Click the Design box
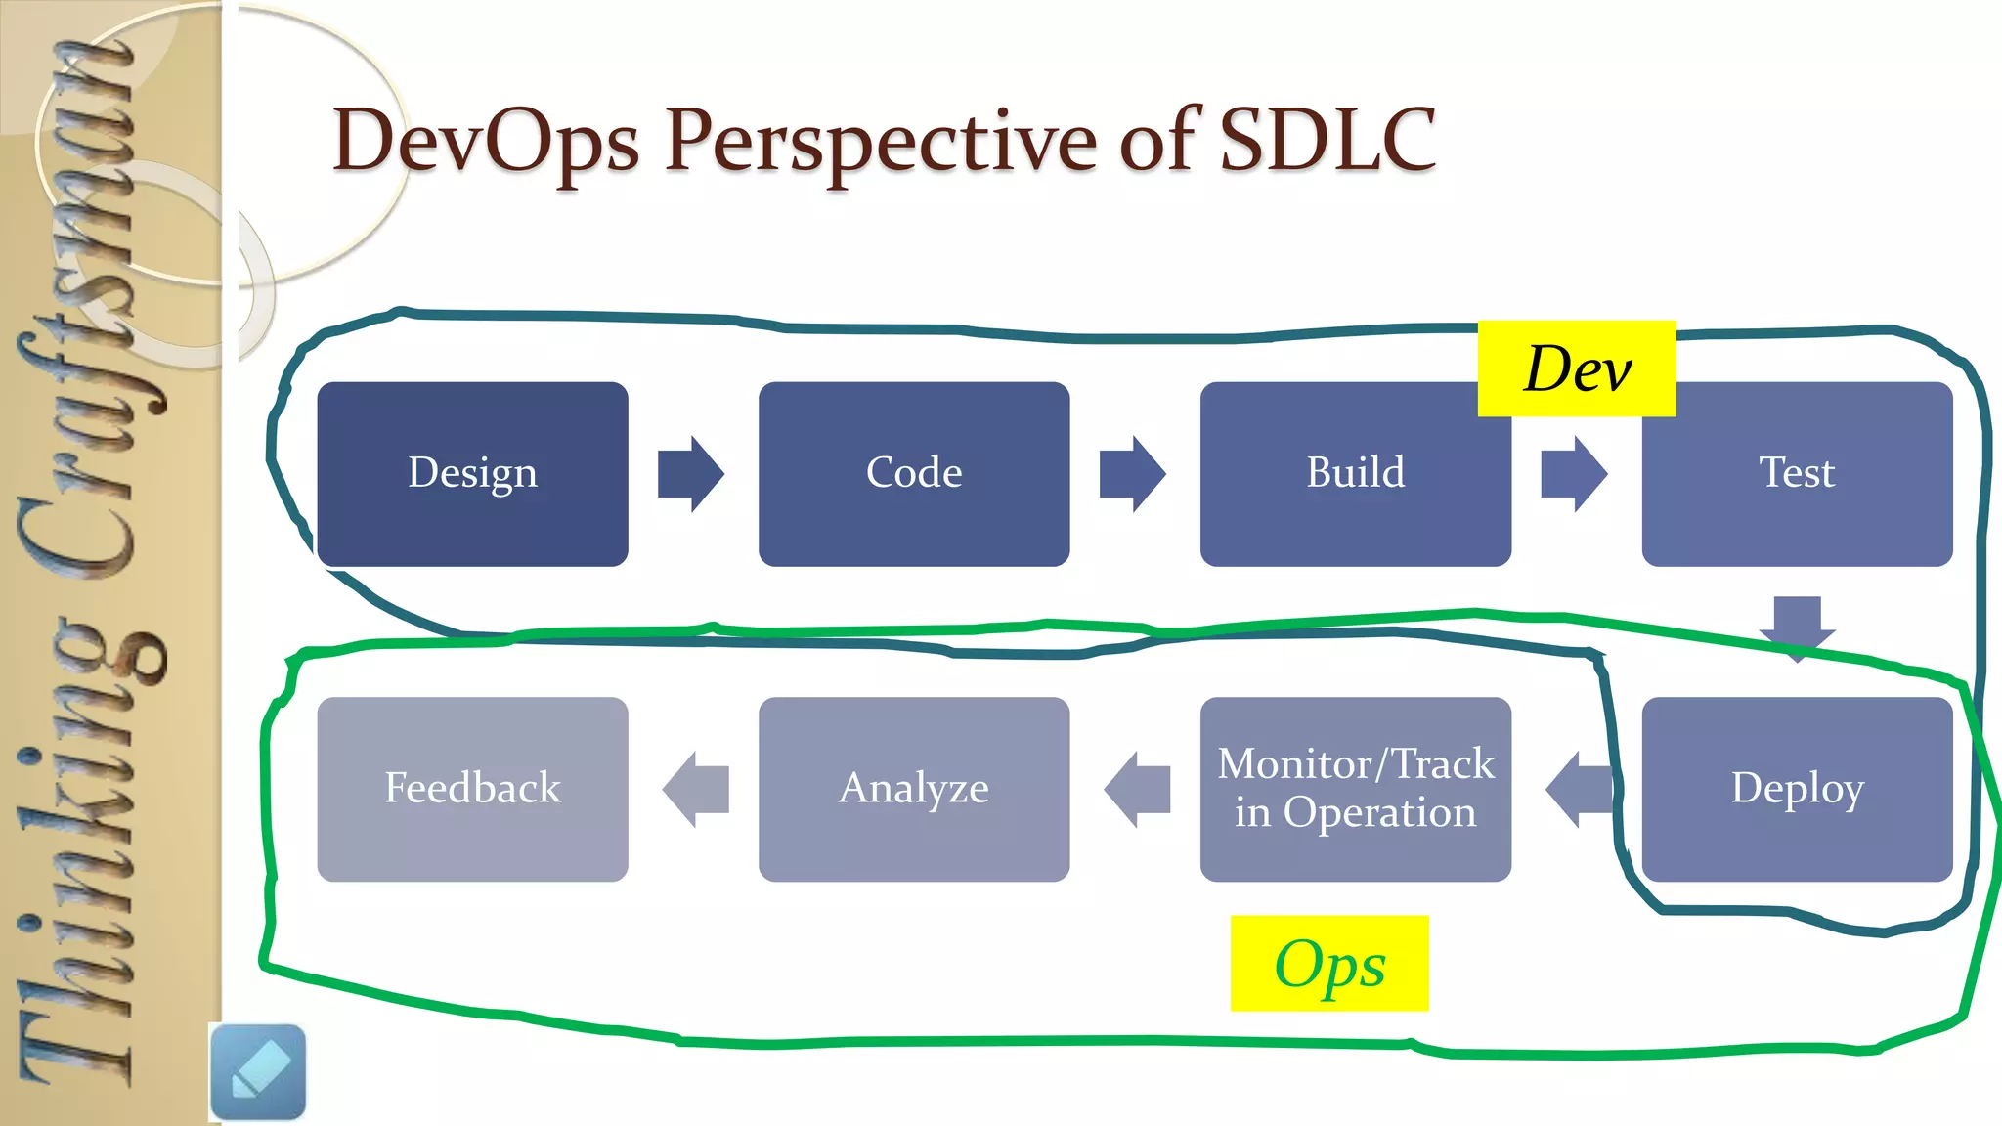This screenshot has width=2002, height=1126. pos(472,474)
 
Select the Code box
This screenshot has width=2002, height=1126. pos(914,474)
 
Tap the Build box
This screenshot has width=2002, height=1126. pos(1355,474)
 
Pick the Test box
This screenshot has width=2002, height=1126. pos(1797,474)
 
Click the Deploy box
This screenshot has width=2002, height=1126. pos(1797,789)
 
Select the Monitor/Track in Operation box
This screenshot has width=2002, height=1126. pos(1355,789)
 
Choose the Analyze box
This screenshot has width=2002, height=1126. pos(914,789)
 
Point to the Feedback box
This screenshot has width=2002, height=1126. pos(472,789)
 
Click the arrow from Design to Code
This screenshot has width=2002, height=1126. pos(691,474)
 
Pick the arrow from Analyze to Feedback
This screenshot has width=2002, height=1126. pos(695,789)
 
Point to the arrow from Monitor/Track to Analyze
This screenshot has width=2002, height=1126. pos(1137,789)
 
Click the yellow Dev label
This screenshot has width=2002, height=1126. pos(1577,369)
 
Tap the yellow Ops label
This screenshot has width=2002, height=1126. pos(1329,964)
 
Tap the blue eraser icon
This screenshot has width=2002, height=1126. pos(258,1071)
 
